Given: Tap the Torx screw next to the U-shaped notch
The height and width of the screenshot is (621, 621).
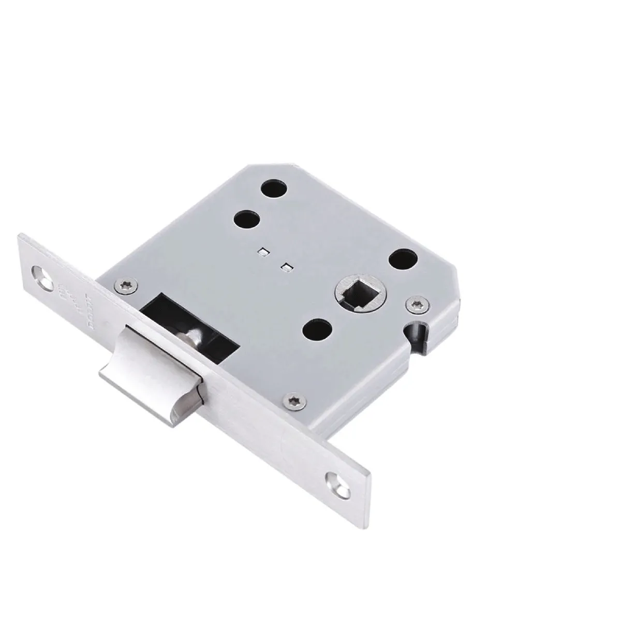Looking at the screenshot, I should (x=417, y=306).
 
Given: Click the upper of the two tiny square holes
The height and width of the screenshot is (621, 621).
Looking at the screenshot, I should (x=263, y=252).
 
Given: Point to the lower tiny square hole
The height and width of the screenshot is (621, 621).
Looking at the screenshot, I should (x=285, y=267).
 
